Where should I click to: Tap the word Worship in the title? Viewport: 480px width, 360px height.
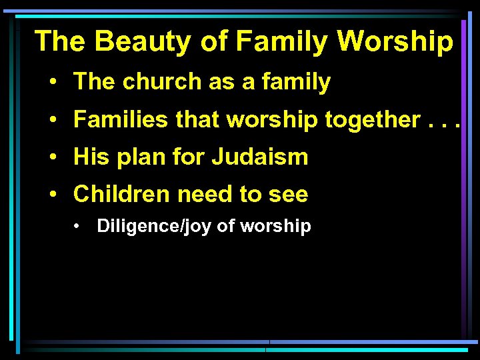pyautogui.click(x=395, y=41)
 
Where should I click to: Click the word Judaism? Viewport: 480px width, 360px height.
pyautogui.click(x=260, y=157)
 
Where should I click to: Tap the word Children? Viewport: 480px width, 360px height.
pyautogui.click(x=122, y=194)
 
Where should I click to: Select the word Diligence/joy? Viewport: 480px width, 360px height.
pyautogui.click(x=155, y=227)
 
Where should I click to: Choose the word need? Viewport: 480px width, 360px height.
pyautogui.click(x=204, y=194)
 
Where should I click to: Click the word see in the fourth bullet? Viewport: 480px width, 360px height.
pyautogui.click(x=288, y=195)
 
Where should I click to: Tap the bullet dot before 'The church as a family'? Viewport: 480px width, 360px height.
pyautogui.click(x=52, y=83)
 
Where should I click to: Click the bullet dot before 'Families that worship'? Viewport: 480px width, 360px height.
pyautogui.click(x=52, y=121)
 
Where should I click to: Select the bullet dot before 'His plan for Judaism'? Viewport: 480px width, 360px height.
pyautogui.click(x=52, y=158)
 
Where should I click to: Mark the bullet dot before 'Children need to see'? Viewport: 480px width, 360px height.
pyautogui.click(x=52, y=195)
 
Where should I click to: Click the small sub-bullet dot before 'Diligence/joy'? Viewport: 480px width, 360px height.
pyautogui.click(x=78, y=227)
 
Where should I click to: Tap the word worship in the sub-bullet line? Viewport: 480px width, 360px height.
pyautogui.click(x=275, y=227)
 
